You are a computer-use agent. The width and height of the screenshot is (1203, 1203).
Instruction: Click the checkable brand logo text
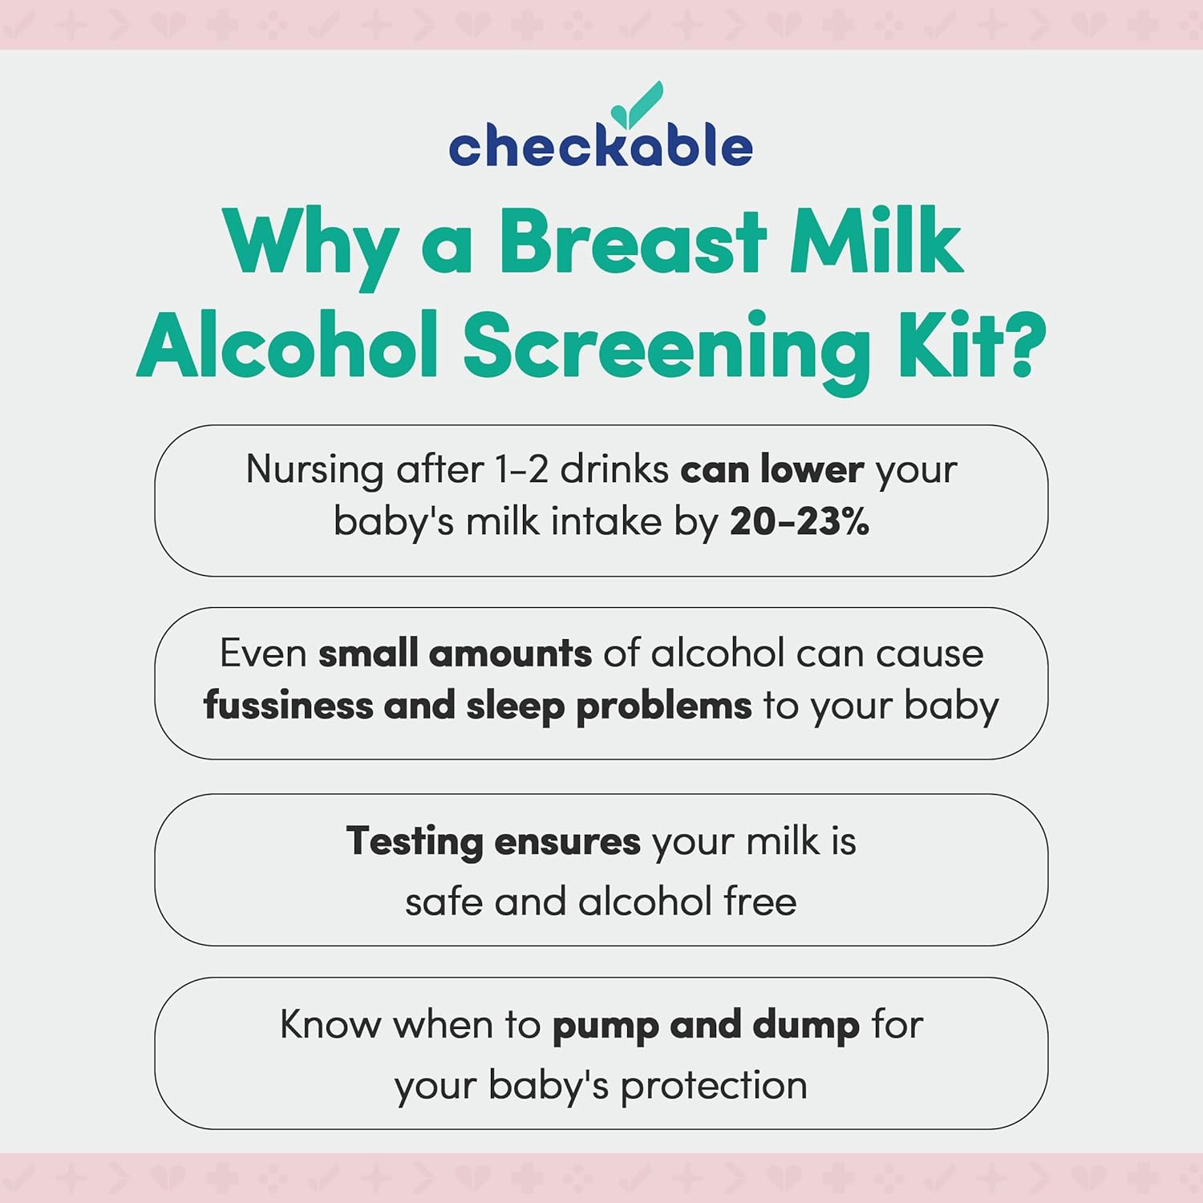(600, 146)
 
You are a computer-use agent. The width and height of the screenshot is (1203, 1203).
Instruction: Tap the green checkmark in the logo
(638, 106)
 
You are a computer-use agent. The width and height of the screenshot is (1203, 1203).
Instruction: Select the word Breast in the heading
(633, 241)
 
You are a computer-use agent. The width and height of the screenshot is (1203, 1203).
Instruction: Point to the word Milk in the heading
(876, 241)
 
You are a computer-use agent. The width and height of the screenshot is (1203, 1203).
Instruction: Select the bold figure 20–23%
(800, 521)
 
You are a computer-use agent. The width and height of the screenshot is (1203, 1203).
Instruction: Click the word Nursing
(314, 470)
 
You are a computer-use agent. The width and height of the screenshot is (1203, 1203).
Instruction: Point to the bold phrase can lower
(772, 470)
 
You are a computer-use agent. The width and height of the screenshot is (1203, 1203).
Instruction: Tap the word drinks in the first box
(614, 470)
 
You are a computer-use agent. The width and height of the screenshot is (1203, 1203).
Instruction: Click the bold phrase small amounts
(455, 654)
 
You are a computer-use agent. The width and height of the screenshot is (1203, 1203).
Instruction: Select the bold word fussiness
(288, 706)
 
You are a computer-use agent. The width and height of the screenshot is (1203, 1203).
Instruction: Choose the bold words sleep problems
(609, 707)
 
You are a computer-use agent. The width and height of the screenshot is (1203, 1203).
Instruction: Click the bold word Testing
(414, 842)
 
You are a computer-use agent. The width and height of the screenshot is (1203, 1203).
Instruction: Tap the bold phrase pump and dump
(706, 1026)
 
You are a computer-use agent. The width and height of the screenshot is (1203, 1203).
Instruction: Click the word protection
(714, 1086)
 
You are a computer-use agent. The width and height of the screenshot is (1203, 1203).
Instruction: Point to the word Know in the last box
(330, 1025)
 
